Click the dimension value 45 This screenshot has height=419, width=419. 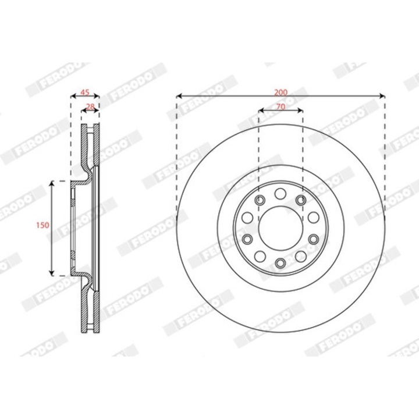[x=85, y=93]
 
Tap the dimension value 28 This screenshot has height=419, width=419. [x=91, y=106]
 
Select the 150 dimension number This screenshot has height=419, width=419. [x=42, y=225]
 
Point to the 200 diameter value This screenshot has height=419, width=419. [x=281, y=93]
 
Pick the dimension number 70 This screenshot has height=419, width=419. [x=280, y=106]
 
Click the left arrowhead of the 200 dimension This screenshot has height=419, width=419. [x=179, y=96]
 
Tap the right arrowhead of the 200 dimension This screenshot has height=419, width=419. [x=382, y=96]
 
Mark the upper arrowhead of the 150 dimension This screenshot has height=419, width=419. [x=52, y=183]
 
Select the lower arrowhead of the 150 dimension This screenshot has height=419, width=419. [x=52, y=272]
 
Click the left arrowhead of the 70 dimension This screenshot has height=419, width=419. [x=261, y=110]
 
